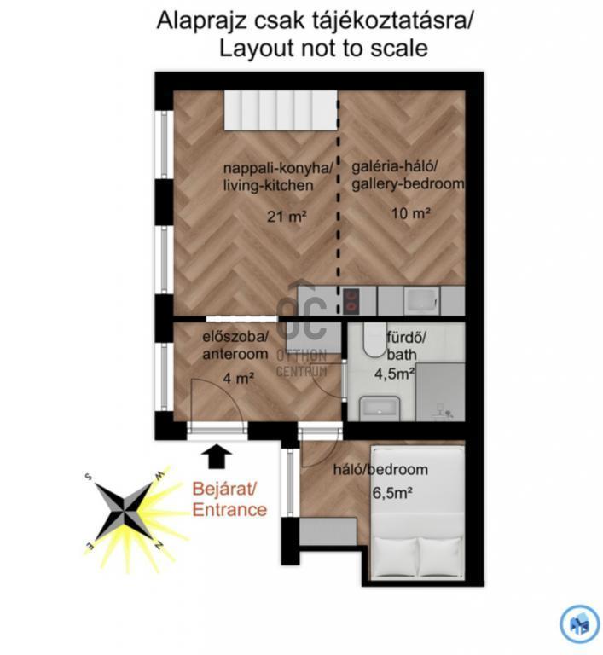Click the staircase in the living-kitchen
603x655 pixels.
pyautogui.click(x=281, y=110)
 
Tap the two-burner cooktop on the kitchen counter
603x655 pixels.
pyautogui.click(x=351, y=302)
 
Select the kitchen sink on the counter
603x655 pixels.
pyautogui.click(x=421, y=300)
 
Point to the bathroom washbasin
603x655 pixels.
pyautogui.click(x=380, y=409)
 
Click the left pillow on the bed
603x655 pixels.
pyautogui.click(x=395, y=557)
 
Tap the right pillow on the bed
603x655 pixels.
pyautogui.click(x=440, y=557)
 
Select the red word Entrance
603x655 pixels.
pyautogui.click(x=229, y=510)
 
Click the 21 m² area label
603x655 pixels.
pyautogui.click(x=287, y=216)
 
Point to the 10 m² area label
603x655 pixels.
pyautogui.click(x=411, y=213)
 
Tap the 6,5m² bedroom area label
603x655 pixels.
pyautogui.click(x=392, y=493)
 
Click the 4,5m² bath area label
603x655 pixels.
pyautogui.click(x=394, y=374)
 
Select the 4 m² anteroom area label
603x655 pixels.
pyautogui.click(x=239, y=379)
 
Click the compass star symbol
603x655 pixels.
pyautogui.click(x=124, y=512)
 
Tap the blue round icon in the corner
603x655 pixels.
pyautogui.click(x=580, y=623)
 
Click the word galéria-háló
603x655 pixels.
pyautogui.click(x=394, y=167)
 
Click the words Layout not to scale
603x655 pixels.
pyautogui.click(x=323, y=48)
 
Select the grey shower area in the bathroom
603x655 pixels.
pyautogui.click(x=440, y=391)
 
